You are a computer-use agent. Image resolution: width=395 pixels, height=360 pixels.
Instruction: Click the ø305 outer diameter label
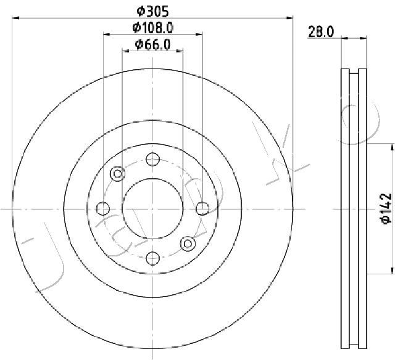coord(152,12)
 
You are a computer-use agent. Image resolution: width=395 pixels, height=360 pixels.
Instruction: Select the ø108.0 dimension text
coord(153,28)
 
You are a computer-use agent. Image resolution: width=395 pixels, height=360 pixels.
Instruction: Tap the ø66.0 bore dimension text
coord(152,45)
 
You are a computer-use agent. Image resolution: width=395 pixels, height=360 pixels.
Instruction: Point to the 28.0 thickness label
coord(321,32)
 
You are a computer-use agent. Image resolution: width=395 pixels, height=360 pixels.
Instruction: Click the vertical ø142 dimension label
coord(386,208)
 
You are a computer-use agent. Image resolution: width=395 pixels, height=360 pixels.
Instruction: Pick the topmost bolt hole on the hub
coord(153,159)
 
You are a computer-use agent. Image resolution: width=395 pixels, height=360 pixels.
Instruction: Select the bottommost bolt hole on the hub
coord(153,258)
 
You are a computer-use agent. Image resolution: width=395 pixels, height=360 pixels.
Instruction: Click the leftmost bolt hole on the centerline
coord(103,208)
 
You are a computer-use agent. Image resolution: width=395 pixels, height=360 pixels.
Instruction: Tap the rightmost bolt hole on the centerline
coord(202,208)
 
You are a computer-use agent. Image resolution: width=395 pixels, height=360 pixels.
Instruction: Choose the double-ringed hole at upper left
coord(118,174)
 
